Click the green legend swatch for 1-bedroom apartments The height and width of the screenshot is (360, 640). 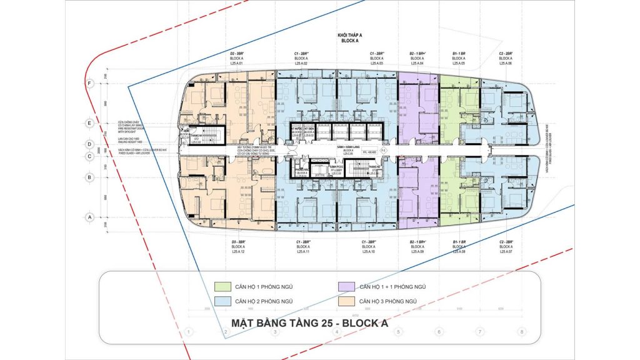tap(222, 286)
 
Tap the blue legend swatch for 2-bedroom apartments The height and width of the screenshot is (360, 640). tap(222, 301)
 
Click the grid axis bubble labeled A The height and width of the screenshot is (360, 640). tap(90, 217)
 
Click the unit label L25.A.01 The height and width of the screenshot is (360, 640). tap(240, 64)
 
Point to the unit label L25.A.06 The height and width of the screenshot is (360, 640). tap(506, 64)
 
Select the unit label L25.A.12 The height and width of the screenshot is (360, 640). tap(240, 252)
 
